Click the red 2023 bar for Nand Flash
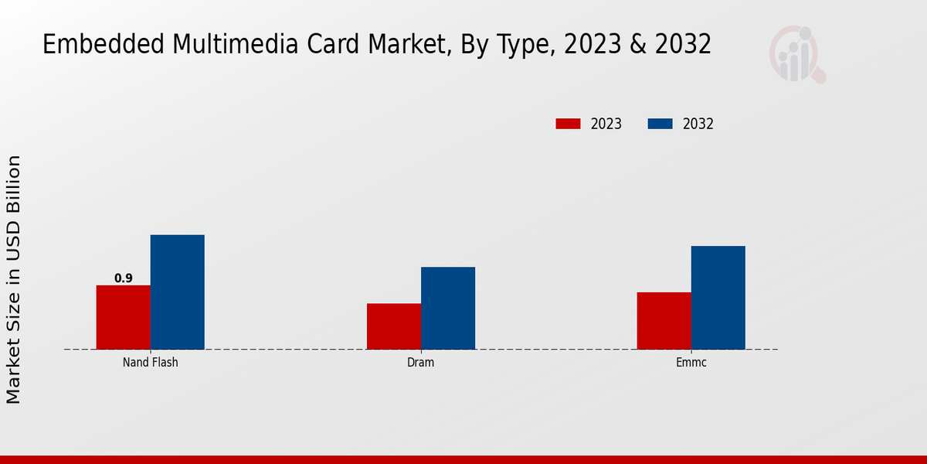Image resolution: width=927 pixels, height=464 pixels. [124, 317]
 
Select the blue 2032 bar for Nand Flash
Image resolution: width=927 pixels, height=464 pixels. [178, 292]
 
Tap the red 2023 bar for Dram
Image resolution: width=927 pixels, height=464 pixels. [394, 326]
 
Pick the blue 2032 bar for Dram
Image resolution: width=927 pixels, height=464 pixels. [448, 308]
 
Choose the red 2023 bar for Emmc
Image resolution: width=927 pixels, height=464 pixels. [664, 320]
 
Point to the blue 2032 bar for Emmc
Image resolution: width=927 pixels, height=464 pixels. [718, 298]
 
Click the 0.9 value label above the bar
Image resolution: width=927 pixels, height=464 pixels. [124, 278]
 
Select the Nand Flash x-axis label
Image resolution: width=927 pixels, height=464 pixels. [151, 362]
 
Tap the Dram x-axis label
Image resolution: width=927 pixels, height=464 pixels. [421, 362]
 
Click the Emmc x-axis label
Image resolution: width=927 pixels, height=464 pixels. [691, 362]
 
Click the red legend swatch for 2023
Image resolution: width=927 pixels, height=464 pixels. [568, 124]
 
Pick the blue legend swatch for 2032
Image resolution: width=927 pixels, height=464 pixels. [660, 124]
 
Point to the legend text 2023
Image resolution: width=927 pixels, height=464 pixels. [606, 124]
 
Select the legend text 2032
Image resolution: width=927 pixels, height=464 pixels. [698, 124]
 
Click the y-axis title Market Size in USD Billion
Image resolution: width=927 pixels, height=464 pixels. [14, 278]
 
